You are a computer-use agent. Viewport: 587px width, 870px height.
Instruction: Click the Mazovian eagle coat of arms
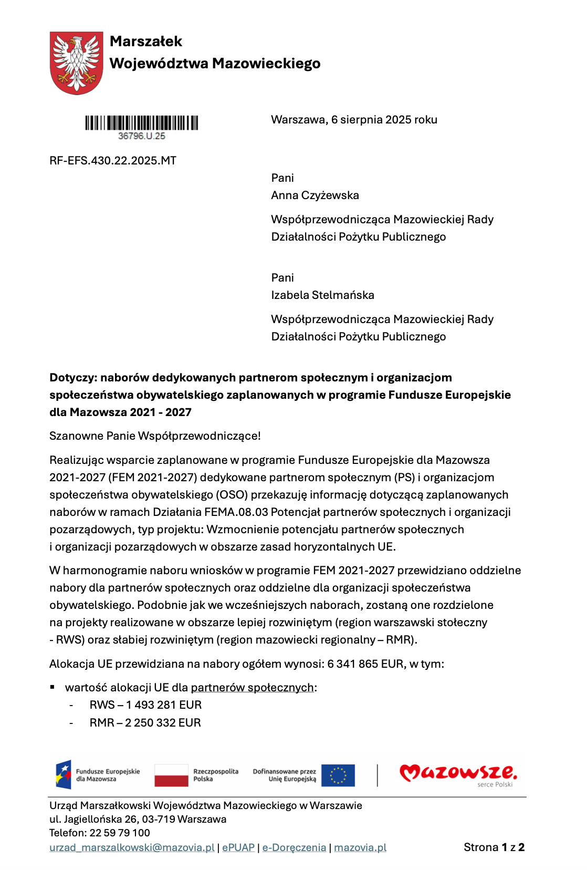click(x=76, y=63)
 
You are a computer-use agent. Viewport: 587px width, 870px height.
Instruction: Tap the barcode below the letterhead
click(x=142, y=123)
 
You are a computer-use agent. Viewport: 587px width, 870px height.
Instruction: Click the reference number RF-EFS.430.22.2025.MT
click(x=113, y=161)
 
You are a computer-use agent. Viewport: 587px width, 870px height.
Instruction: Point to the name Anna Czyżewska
click(x=315, y=195)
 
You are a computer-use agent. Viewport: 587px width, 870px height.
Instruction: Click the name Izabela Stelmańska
click(x=322, y=295)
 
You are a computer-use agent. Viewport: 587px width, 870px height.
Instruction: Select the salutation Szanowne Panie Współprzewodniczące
click(x=155, y=436)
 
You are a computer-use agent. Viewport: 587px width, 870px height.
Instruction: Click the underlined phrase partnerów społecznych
click(x=252, y=688)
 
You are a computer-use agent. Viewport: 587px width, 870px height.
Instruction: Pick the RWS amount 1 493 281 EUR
click(x=164, y=705)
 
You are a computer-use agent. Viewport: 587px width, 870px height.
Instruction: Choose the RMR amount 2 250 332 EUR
click(x=163, y=723)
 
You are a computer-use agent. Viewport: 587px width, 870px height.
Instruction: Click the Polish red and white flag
click(x=171, y=775)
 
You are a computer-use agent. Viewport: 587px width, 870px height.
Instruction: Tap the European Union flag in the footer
click(x=338, y=775)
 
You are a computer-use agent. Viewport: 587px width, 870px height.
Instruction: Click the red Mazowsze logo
click(x=458, y=773)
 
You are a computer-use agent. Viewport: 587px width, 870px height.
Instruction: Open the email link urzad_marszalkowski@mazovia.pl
click(x=132, y=847)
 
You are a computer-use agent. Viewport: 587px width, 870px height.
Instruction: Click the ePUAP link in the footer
click(x=238, y=847)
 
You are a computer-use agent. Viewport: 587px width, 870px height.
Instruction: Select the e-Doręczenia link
click(x=294, y=847)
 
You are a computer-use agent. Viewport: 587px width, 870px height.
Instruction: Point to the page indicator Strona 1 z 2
click(x=494, y=847)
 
